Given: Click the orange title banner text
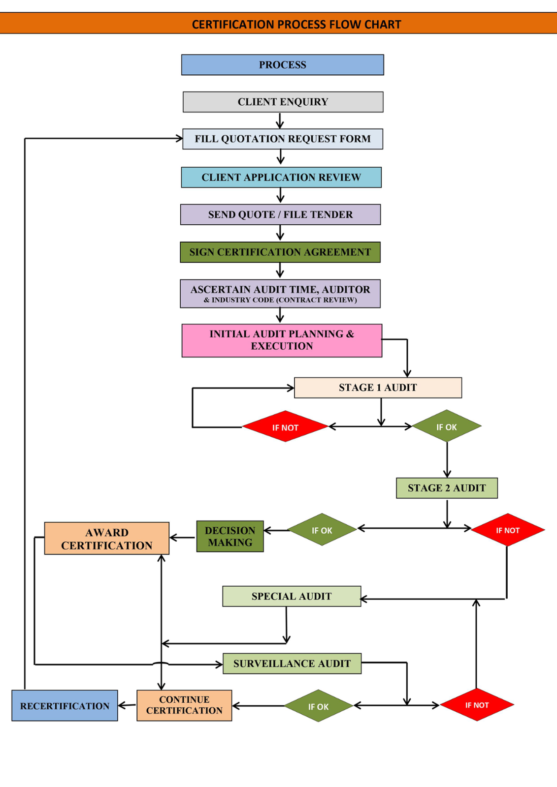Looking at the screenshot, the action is click(296, 24).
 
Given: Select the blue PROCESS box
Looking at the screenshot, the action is click(283, 64).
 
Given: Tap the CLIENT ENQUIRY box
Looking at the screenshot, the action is click(283, 102).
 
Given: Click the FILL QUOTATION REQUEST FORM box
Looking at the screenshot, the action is click(283, 139).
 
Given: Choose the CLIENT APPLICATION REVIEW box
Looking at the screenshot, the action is click(281, 177).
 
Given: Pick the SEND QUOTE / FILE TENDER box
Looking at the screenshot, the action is click(280, 214).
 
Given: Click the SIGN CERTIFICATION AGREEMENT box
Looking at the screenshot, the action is click(280, 252).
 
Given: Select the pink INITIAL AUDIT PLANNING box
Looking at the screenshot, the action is click(282, 340).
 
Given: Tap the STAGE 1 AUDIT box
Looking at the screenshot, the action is click(378, 388).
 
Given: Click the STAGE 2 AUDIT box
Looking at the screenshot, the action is click(447, 487).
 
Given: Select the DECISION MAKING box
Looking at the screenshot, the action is click(230, 536).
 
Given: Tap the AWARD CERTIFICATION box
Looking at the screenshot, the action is click(106, 538).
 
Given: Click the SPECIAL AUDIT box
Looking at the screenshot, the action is click(292, 596).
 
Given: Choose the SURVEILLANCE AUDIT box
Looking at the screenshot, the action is click(292, 664).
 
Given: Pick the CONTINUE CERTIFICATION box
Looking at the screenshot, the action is click(184, 705).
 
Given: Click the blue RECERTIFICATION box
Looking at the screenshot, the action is click(65, 705).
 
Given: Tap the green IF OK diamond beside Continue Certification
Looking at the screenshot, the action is click(319, 705).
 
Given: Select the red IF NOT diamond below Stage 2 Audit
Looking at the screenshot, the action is click(508, 529).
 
